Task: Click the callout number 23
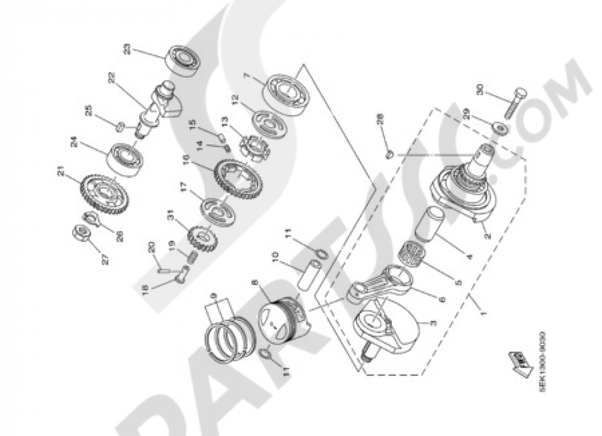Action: click(x=127, y=49)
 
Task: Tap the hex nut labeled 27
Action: click(x=81, y=232)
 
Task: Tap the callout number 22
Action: click(x=111, y=78)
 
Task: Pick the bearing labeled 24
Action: click(x=125, y=158)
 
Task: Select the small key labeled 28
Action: click(x=389, y=154)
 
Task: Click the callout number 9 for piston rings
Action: click(x=212, y=297)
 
